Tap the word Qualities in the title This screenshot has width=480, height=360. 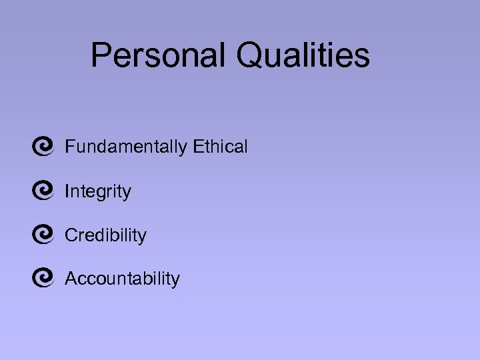click(x=303, y=55)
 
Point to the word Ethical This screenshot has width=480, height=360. click(x=221, y=147)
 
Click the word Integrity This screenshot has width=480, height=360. click(x=98, y=192)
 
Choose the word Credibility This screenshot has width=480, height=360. click(x=105, y=235)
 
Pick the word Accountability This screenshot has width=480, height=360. click(x=122, y=279)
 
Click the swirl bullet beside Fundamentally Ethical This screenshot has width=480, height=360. click(x=42, y=147)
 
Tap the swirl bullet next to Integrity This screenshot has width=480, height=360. click(x=42, y=191)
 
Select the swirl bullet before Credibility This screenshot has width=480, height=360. click(x=42, y=235)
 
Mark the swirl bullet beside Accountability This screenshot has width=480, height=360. click(x=42, y=278)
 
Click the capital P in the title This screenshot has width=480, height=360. click(x=101, y=55)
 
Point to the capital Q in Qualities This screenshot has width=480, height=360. click(x=249, y=55)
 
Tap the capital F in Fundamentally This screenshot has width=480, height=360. click(x=69, y=147)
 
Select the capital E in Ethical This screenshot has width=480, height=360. click(x=198, y=147)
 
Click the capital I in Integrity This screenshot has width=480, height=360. click(x=67, y=192)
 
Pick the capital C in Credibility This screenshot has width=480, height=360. click(x=71, y=235)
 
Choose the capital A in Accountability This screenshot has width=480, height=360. click(x=71, y=279)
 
